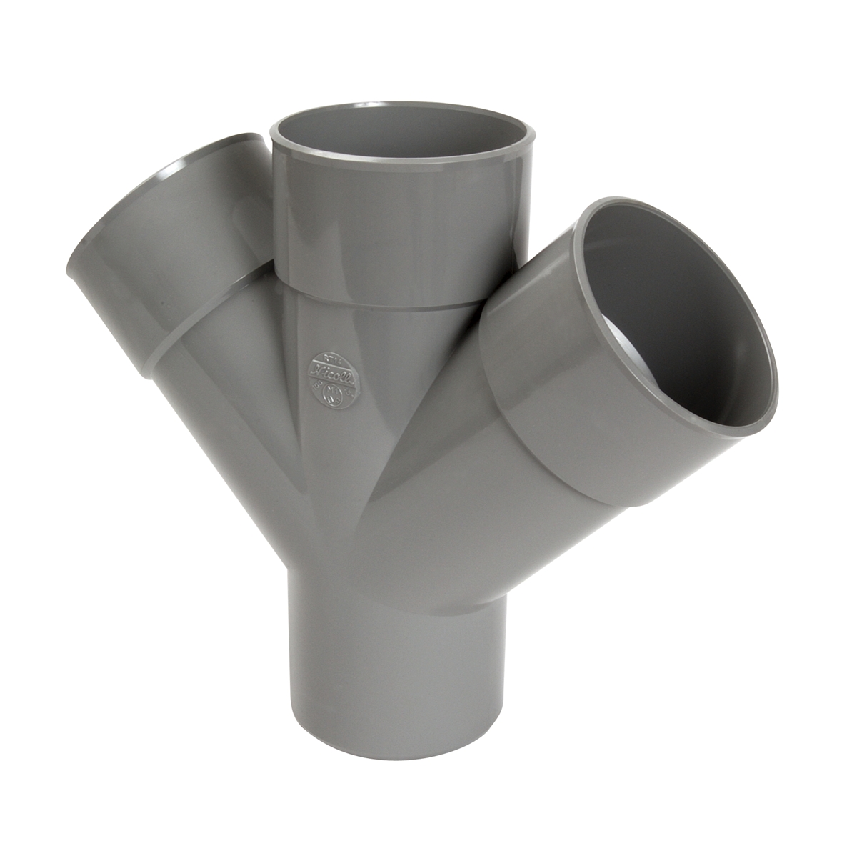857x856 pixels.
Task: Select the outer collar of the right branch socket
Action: tap(543, 386)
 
